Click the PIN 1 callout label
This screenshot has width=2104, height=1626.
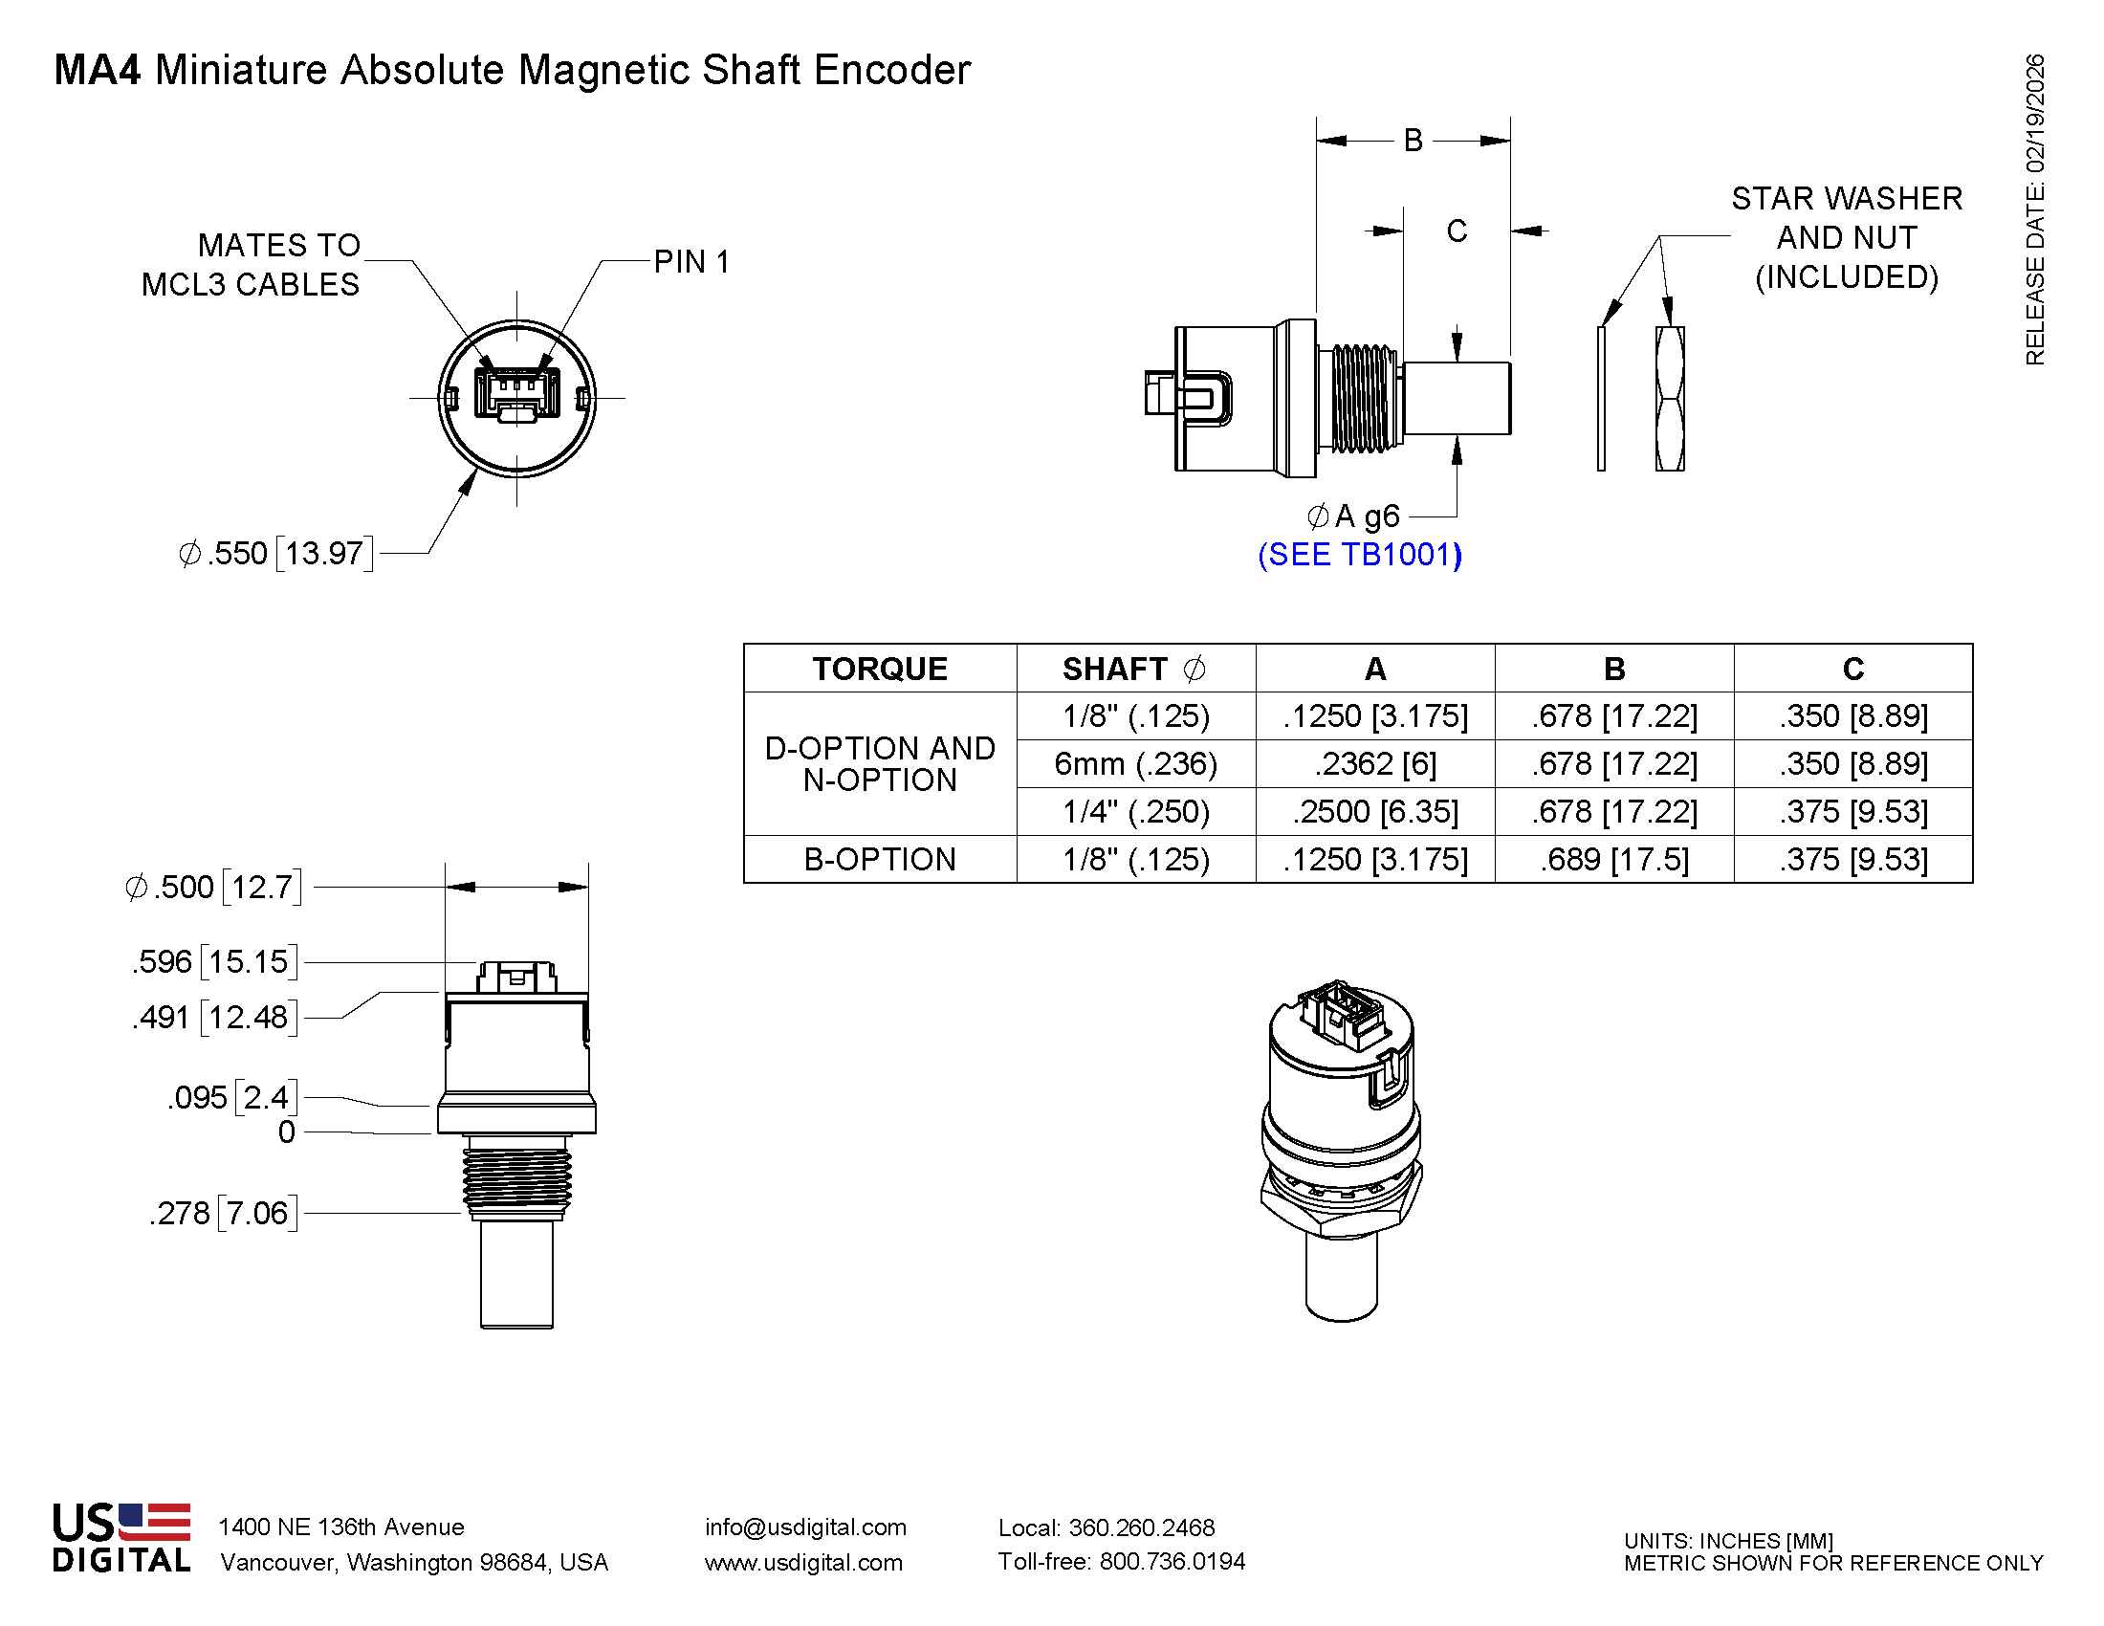tap(690, 262)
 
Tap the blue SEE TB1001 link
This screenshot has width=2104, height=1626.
tap(1359, 555)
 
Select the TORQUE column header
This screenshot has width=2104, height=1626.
tap(880, 669)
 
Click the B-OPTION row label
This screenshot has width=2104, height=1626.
tap(880, 859)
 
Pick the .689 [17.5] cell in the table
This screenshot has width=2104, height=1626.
tap(1613, 859)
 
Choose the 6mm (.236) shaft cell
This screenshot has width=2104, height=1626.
tap(1136, 764)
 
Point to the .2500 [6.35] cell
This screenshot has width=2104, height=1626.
tap(1374, 812)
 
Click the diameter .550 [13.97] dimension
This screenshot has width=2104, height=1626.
tap(275, 554)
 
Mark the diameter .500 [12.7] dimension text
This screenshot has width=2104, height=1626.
tap(214, 888)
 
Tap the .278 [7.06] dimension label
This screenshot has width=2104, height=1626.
tap(224, 1213)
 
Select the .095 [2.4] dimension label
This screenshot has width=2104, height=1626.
tap(232, 1097)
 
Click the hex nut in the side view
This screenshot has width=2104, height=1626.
tap(1670, 399)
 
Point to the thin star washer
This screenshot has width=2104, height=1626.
tap(1601, 399)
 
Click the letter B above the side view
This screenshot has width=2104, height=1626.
tap(1413, 141)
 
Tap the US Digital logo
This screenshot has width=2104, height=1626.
tap(121, 1538)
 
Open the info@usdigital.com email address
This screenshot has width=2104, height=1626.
tap(805, 1527)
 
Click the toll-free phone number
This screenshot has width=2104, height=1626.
tap(1122, 1562)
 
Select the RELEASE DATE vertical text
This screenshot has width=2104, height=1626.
tap(2034, 210)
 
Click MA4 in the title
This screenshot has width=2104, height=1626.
tap(98, 71)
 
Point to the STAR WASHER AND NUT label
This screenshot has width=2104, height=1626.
tap(1846, 238)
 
